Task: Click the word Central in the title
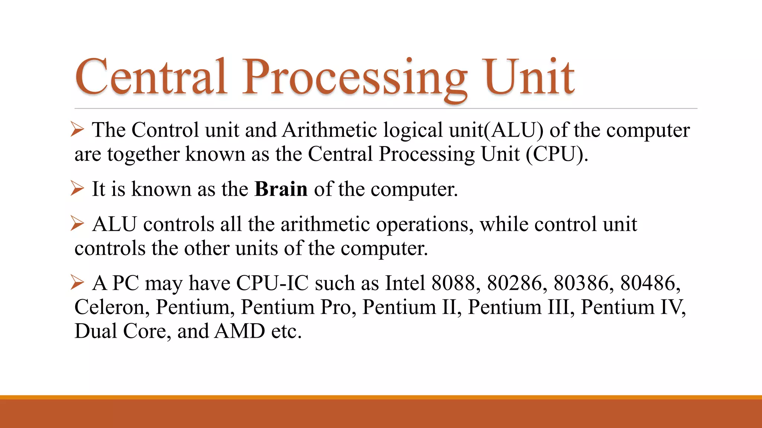(x=151, y=77)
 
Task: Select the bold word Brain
(x=281, y=189)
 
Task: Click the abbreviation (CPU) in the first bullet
(x=557, y=154)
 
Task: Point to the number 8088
(x=454, y=283)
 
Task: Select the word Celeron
(x=112, y=307)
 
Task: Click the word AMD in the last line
(x=240, y=331)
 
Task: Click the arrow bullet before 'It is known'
(x=77, y=188)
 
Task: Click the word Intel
(x=405, y=283)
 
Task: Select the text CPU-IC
(x=272, y=283)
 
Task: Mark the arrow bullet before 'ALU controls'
(x=77, y=224)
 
